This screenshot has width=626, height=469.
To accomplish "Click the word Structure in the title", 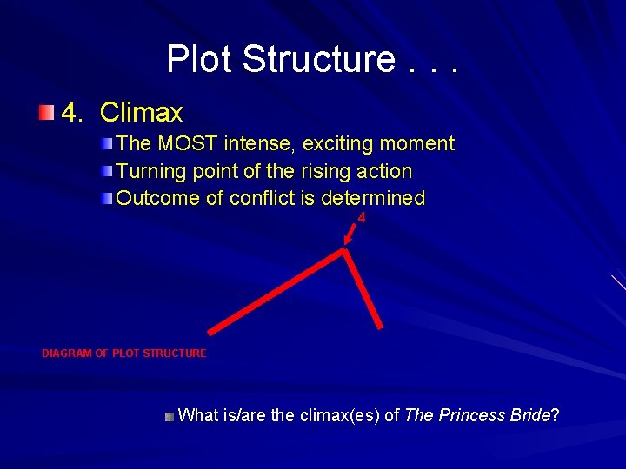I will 318,59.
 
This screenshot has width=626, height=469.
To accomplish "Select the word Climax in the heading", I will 141,112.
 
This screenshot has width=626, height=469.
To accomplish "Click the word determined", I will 373,198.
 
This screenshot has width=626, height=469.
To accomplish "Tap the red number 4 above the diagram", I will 362,218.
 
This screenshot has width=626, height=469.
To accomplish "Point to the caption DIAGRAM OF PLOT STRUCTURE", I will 124,353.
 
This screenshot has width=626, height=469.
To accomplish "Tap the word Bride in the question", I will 530,415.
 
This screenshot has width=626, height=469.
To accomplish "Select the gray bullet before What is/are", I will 169,416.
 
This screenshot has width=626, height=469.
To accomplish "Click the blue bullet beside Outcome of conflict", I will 106,198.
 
